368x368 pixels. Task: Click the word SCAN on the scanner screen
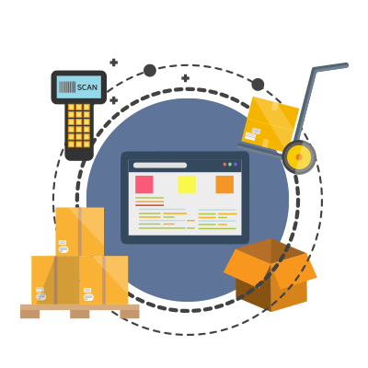[x=87, y=87]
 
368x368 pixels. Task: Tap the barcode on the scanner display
[x=67, y=87]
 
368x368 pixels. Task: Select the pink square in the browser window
[x=144, y=184]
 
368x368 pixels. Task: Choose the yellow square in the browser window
[x=187, y=184]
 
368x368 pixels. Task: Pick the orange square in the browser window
[x=224, y=184]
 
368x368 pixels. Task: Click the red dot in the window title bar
[x=224, y=165]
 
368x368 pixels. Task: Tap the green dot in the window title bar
[x=230, y=165]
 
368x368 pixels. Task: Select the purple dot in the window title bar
[x=236, y=165]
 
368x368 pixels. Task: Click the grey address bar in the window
[x=160, y=166]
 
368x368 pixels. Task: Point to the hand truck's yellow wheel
[x=299, y=157]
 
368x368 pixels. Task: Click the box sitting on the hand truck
[x=270, y=124]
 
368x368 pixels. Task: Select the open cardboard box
[x=270, y=275]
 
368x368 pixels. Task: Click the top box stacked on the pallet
[x=80, y=232]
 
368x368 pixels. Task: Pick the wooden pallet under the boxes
[x=80, y=311]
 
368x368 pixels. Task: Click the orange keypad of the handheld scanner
[x=79, y=125]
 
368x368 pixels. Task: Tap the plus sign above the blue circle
[x=185, y=78]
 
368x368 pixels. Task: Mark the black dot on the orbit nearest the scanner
[x=150, y=71]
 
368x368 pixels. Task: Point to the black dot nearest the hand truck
[x=258, y=85]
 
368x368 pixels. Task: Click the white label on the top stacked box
[x=63, y=247]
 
